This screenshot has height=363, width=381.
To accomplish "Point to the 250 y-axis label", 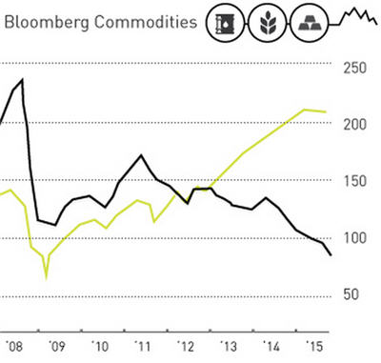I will [355, 68].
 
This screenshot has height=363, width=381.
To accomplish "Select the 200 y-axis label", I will [355, 125].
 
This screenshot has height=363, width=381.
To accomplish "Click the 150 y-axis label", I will [355, 181].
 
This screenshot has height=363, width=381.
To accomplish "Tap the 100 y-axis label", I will [355, 237].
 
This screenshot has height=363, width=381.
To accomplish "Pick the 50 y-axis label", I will [351, 294].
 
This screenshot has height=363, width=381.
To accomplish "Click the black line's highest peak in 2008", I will [22, 80].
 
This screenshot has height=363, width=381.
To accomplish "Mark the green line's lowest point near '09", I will [45, 277].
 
